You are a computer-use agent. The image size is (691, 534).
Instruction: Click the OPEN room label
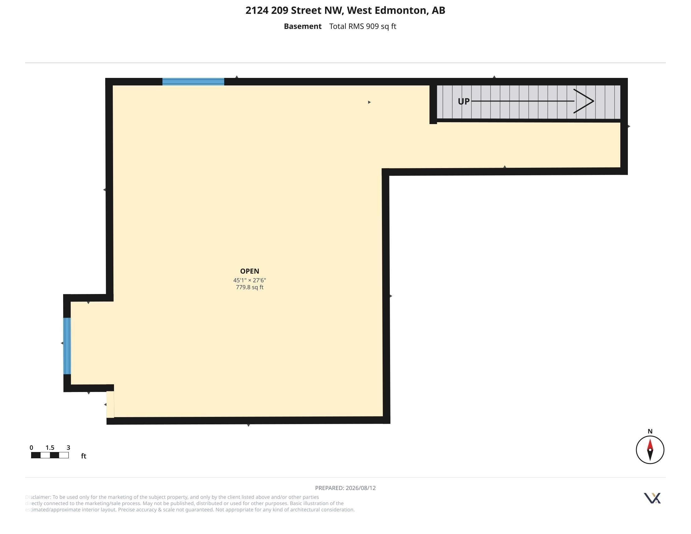point(250,271)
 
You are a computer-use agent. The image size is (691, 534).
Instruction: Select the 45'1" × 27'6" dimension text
point(250,280)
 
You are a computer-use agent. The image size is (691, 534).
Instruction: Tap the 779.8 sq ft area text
point(250,287)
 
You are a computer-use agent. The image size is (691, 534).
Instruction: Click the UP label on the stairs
point(464,101)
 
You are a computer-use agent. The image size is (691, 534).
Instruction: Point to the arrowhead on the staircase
point(584,101)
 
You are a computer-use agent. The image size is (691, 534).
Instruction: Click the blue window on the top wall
point(193,82)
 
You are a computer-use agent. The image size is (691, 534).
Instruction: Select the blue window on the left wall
point(67,346)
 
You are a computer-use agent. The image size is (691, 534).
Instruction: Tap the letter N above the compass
point(650,431)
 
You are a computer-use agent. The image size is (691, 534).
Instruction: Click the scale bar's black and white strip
point(50,455)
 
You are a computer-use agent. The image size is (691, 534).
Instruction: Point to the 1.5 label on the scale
point(50,448)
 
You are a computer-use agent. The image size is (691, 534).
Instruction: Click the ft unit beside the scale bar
point(84,456)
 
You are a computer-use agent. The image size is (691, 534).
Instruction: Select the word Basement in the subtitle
point(302,26)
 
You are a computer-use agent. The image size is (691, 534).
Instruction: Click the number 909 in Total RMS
point(373,26)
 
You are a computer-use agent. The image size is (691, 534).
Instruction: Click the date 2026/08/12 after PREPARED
point(361,488)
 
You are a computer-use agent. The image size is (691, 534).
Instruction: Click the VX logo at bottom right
point(652,498)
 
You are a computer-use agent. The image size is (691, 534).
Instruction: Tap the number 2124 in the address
point(257,10)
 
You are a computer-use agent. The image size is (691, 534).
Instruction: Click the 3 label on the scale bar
point(68,448)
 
